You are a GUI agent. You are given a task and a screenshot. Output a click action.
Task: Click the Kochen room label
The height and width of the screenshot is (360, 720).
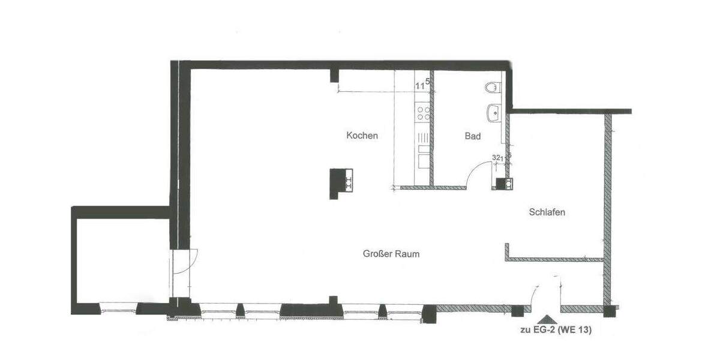coord(362,136)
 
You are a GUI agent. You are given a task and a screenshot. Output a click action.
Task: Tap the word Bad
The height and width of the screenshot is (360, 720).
coord(473,136)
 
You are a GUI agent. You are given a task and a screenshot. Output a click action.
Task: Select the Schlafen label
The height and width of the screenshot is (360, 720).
coord(547,212)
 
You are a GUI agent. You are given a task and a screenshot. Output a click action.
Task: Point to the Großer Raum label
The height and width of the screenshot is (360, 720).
coord(391,254)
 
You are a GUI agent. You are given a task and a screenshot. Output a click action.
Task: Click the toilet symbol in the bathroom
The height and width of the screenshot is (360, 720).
coord(492,88)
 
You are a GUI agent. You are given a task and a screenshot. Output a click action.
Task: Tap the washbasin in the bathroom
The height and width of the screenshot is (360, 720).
coord(494,112)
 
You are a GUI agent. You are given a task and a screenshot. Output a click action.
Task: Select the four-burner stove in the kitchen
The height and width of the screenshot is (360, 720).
coord(423,113)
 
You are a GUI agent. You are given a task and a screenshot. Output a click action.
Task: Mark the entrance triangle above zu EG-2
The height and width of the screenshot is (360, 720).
coord(546,320)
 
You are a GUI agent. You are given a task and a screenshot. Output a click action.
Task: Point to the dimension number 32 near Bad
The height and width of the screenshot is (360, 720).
coord(496,157)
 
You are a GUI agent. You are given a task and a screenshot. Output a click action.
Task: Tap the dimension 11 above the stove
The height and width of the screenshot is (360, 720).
coord(420,86)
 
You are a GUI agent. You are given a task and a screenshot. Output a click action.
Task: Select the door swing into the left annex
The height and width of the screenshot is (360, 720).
coord(187,262)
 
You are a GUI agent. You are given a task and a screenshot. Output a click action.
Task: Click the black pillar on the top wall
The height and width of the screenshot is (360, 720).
coord(335,75)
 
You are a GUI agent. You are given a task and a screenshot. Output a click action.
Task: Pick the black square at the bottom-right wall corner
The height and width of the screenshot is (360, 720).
coord(610,311)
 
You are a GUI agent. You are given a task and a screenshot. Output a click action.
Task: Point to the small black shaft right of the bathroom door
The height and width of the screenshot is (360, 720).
coord(500,184)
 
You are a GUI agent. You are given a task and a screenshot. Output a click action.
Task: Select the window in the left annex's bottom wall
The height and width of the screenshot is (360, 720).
coord(118,309)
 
